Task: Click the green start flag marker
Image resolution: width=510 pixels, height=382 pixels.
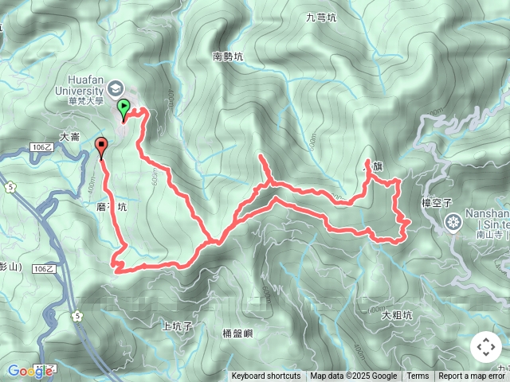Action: [x=124, y=108]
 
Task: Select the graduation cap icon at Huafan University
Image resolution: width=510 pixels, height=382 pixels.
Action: [x=116, y=88]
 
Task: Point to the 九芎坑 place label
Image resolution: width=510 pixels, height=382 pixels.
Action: [x=321, y=16]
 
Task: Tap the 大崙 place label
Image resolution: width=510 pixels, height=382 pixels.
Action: [x=70, y=137]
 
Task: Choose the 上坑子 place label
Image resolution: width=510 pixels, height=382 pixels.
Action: [x=177, y=325]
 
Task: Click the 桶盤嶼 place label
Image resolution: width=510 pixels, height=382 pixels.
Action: [x=237, y=333]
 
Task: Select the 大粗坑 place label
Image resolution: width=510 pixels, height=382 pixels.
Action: [x=396, y=315]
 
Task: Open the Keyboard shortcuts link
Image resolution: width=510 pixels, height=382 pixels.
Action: [x=266, y=376]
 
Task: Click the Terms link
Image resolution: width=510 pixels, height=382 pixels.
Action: [x=418, y=376]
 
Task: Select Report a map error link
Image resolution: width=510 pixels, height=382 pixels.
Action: [x=473, y=376]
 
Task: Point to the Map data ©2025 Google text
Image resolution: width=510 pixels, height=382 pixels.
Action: [x=353, y=376]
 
